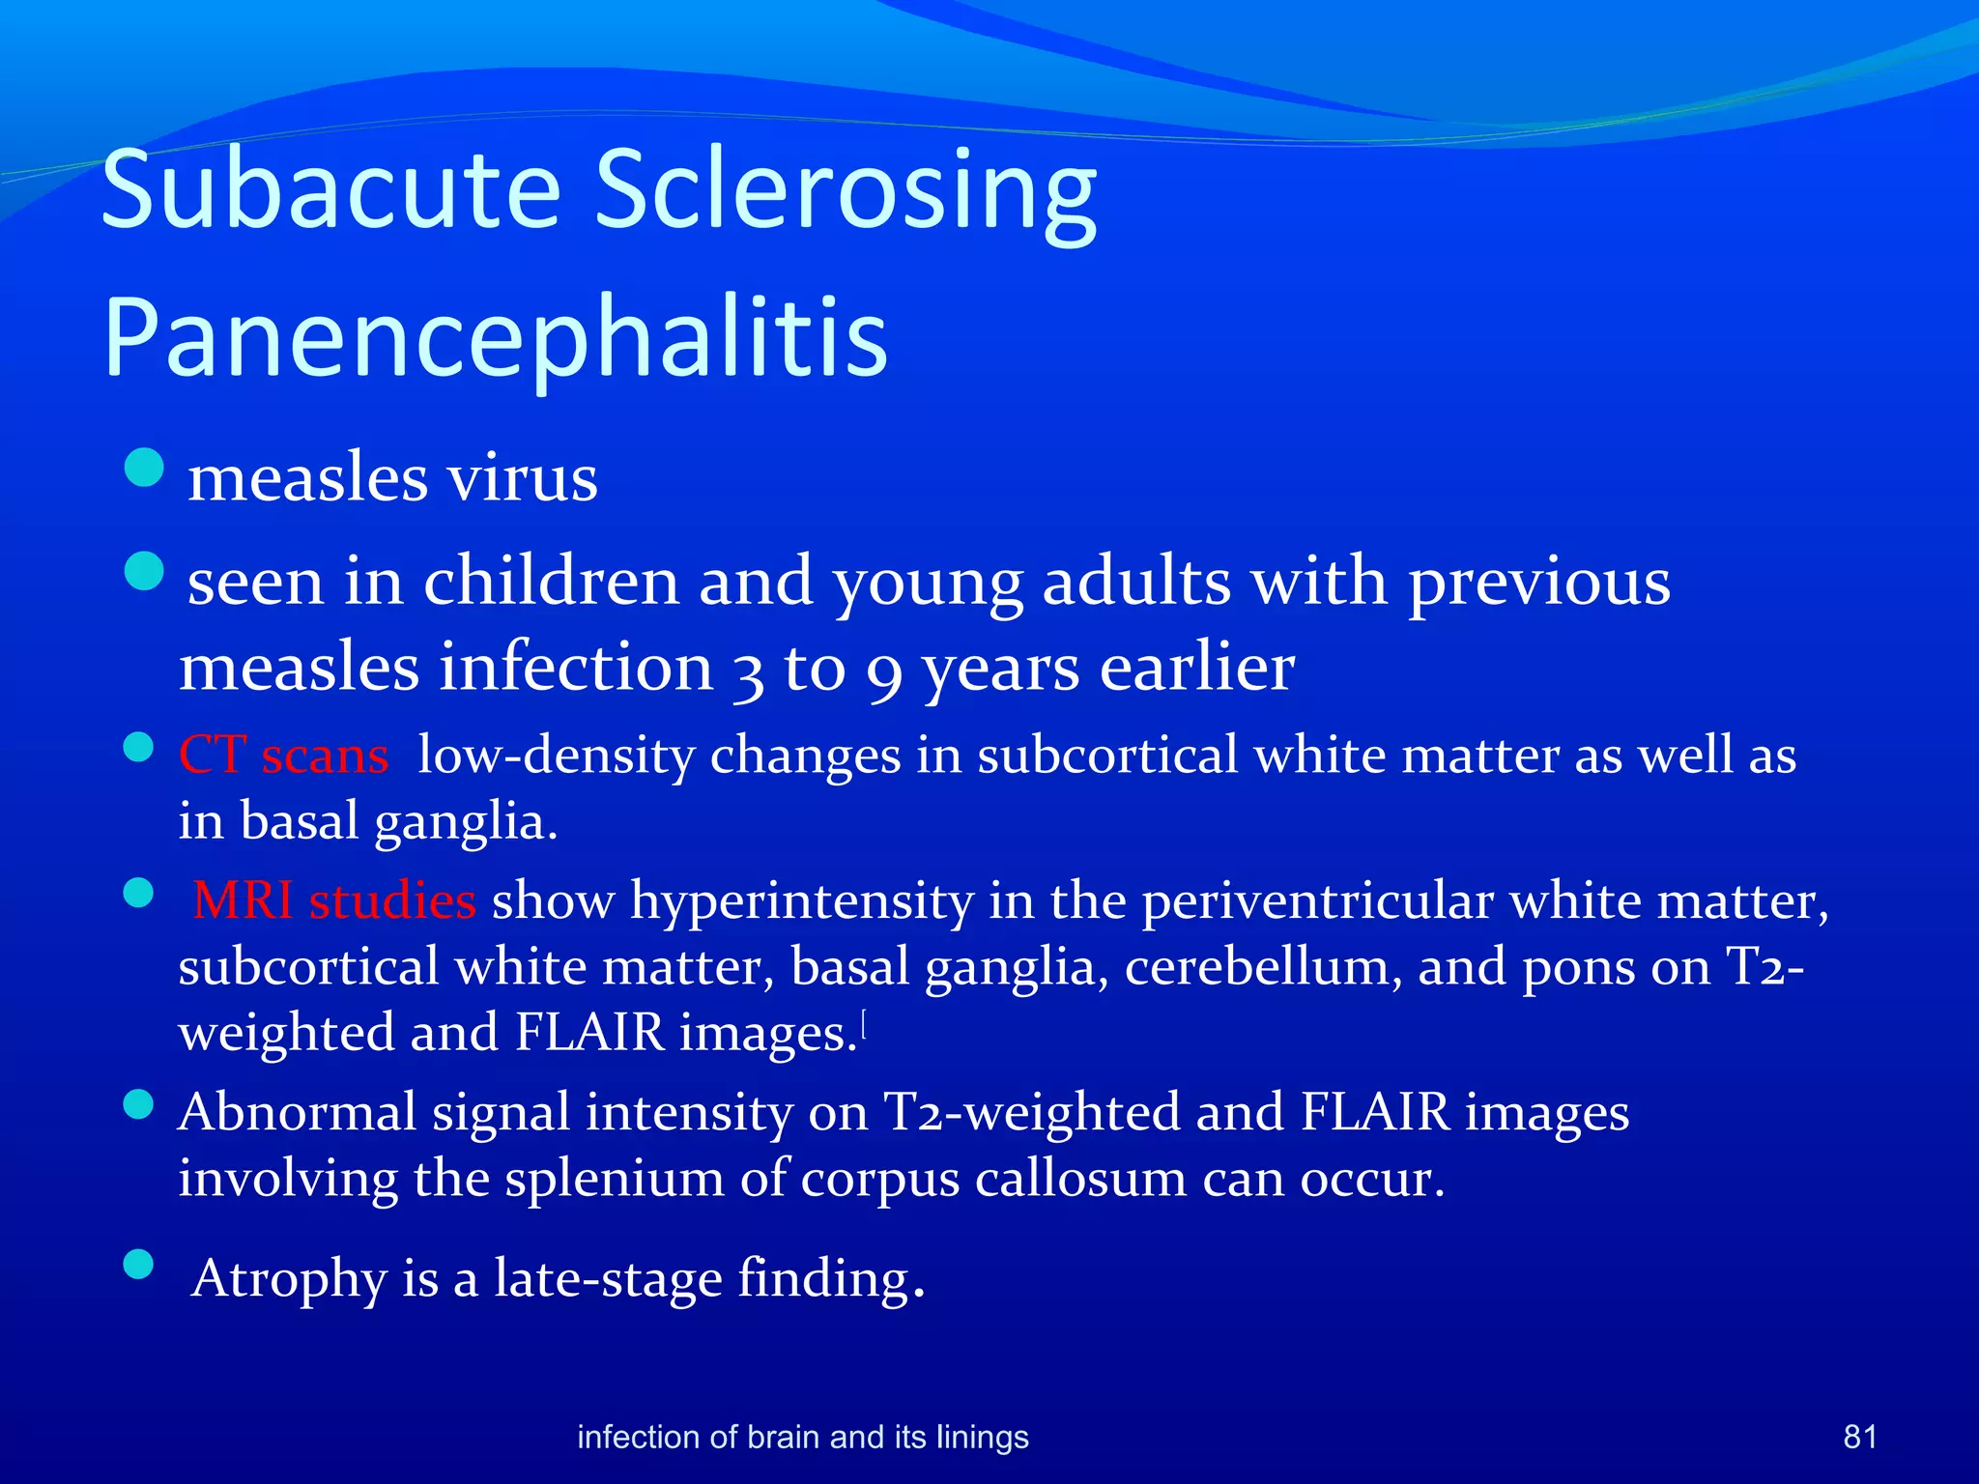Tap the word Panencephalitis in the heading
click(x=495, y=337)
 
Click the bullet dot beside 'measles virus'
click(x=144, y=468)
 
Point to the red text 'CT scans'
click(x=283, y=755)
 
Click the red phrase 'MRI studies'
click(x=333, y=900)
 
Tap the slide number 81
click(x=1859, y=1437)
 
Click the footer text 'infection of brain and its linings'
click(x=802, y=1437)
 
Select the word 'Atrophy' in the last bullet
click(x=289, y=1278)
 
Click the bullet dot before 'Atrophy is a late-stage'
click(x=139, y=1264)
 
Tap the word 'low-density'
click(x=556, y=755)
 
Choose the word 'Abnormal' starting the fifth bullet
click(x=297, y=1111)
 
